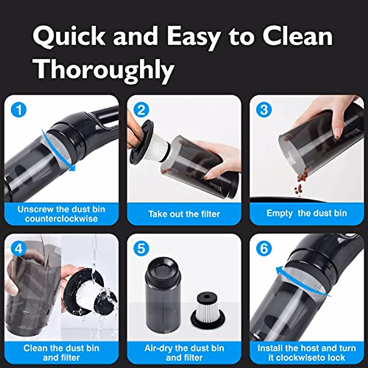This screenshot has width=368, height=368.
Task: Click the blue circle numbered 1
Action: (x=19, y=110)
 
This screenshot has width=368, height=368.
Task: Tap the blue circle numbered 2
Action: (x=141, y=110)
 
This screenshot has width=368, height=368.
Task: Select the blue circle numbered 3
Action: (x=264, y=110)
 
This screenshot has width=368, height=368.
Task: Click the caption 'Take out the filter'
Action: (x=184, y=214)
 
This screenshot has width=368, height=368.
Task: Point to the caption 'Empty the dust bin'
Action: (x=306, y=213)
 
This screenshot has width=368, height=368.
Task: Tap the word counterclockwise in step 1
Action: (x=61, y=219)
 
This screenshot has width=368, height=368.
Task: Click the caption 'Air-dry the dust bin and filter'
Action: (x=184, y=353)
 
